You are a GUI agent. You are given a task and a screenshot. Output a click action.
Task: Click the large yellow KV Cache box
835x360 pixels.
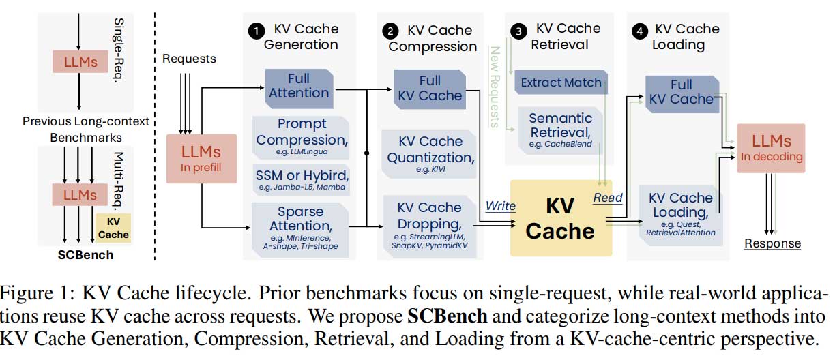(x=561, y=217)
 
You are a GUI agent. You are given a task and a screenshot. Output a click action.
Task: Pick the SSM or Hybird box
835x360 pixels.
(x=302, y=177)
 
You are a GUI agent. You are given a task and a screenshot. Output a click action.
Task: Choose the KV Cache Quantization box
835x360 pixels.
(x=430, y=153)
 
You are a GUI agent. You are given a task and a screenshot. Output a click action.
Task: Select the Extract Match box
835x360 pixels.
(x=561, y=83)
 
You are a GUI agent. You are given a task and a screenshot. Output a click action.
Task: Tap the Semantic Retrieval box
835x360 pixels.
(x=561, y=128)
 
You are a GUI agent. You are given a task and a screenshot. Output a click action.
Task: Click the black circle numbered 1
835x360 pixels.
(x=256, y=31)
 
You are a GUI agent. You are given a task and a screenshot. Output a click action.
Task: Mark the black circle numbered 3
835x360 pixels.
(x=520, y=31)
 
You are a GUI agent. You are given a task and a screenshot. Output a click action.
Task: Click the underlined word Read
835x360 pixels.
(x=608, y=198)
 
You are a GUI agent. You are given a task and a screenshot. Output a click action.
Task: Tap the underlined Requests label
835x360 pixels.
(x=189, y=59)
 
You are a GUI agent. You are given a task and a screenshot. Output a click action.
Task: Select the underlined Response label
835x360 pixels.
(x=772, y=243)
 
